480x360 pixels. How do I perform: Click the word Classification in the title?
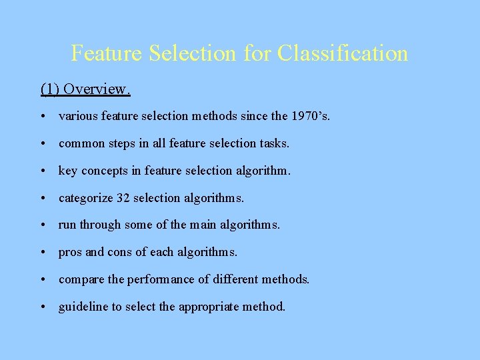[342, 53]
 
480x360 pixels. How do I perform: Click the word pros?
[70, 252]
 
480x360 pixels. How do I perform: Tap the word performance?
[157, 279]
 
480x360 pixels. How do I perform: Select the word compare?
[80, 279]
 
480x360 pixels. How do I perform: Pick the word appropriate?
[216, 307]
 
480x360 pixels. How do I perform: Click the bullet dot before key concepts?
[43, 171]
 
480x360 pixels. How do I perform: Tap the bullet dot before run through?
[43, 225]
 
